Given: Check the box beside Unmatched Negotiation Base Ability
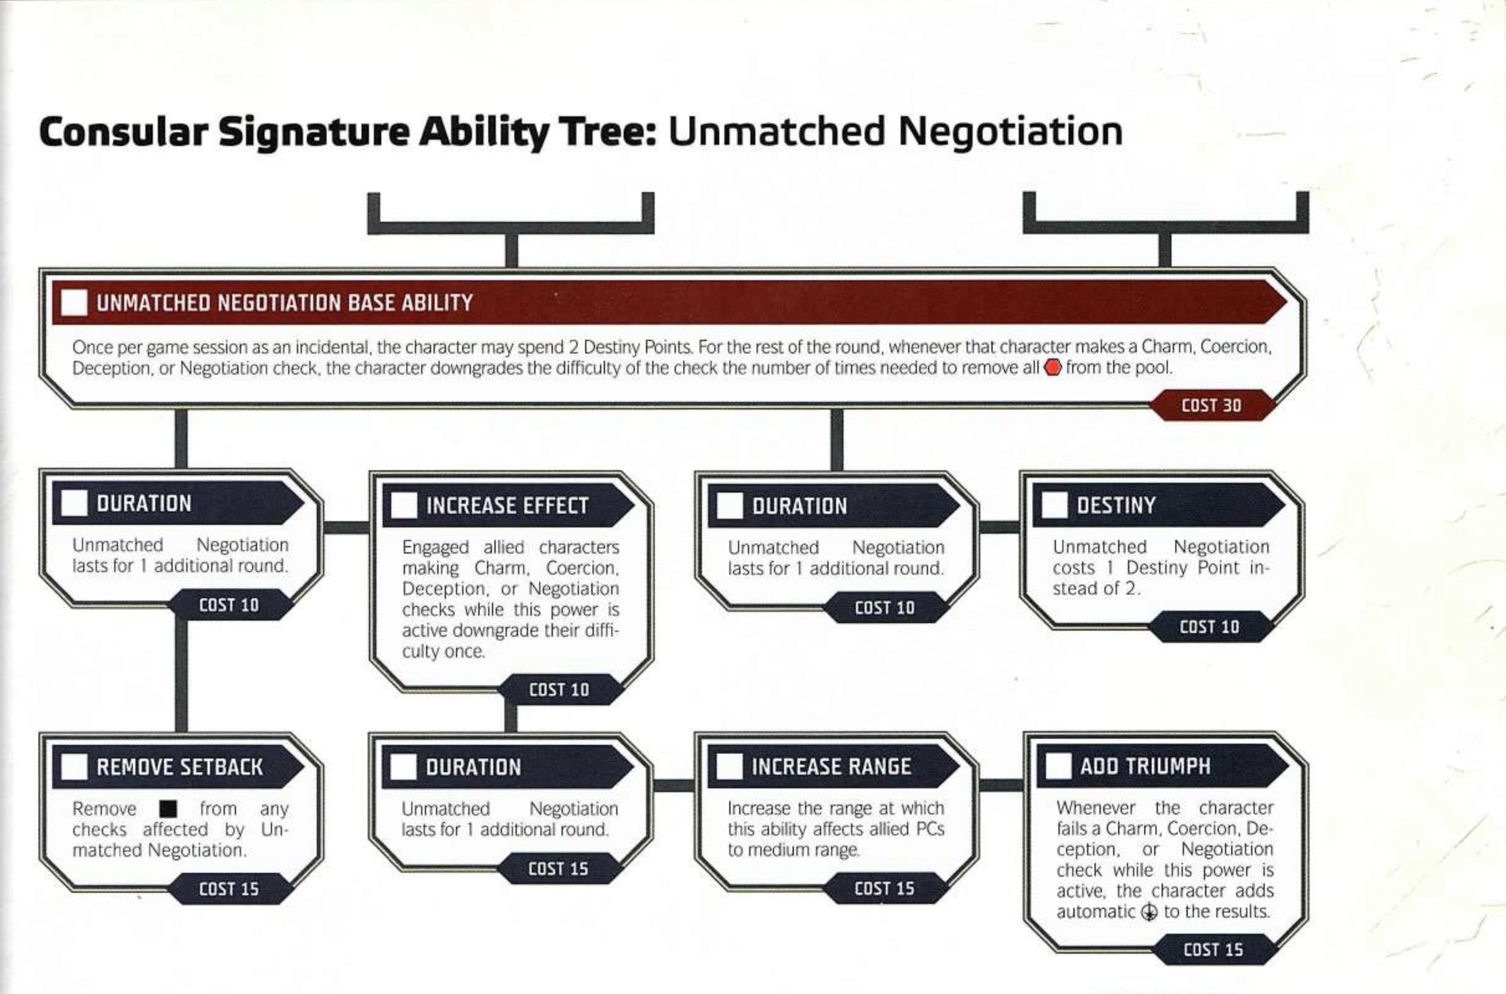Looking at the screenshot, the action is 74,303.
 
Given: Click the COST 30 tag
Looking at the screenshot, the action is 1212,405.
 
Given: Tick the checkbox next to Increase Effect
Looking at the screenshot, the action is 404,505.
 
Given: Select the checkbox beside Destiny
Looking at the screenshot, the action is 1055,505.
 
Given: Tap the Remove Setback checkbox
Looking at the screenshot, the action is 74,767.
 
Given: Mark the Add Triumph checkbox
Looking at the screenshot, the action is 1059,766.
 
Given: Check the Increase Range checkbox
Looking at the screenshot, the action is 729,767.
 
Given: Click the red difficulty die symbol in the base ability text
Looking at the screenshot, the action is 1053,368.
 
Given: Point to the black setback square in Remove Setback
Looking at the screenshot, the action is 168,809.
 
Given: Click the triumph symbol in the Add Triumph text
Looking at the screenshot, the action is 1148,912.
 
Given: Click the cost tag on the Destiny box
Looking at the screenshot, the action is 1210,627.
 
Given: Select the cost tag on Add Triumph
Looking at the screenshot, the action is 1213,949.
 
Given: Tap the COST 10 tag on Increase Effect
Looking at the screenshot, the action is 559,689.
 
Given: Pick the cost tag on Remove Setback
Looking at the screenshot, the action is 229,889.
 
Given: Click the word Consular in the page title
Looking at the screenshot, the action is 124,132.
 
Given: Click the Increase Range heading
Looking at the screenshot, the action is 831,767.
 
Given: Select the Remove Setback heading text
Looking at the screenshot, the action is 180,767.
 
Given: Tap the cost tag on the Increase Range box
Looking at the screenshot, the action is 884,888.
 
